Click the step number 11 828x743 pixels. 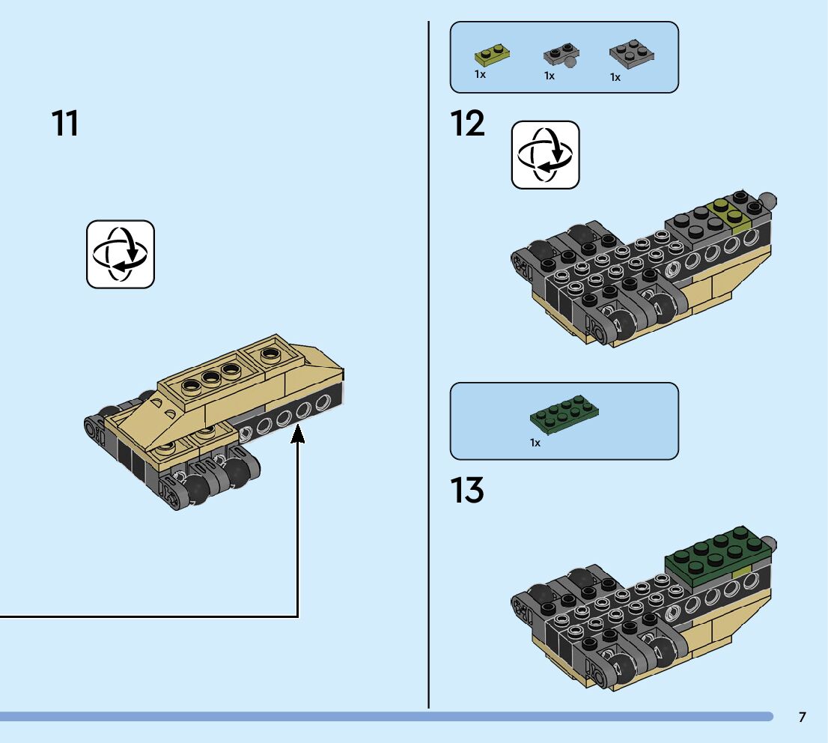[65, 124]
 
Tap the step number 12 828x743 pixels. [468, 124]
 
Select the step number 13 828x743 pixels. [468, 491]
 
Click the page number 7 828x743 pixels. [803, 718]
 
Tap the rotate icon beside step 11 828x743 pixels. [121, 254]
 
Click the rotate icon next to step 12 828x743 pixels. [545, 155]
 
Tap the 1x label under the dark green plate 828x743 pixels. [535, 443]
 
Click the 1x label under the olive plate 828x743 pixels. [480, 75]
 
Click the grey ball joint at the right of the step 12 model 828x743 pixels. [767, 201]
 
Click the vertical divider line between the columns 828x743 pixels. [429, 374]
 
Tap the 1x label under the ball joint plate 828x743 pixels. [550, 76]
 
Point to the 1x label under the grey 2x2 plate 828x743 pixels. [615, 77]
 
